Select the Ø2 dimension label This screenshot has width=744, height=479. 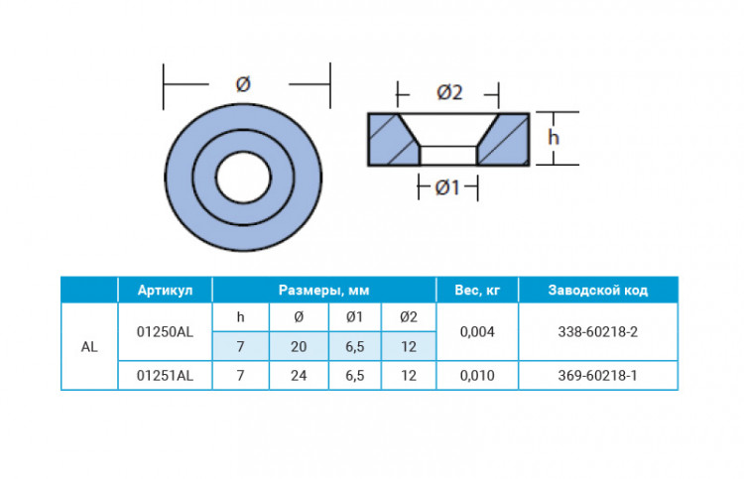pos(449,93)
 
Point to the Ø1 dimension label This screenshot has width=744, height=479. pos(447,186)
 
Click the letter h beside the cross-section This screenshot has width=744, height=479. pos(554,137)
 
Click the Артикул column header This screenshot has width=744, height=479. pos(165,290)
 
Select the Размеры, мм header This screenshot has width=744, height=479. pos(323,290)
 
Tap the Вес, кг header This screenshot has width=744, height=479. pos(476,290)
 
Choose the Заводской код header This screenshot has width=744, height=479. pos(597,290)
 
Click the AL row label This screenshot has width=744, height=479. pos(89,347)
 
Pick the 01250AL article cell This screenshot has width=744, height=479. pos(165,331)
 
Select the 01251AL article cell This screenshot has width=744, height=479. pos(165,377)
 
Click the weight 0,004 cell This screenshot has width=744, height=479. pos(476,331)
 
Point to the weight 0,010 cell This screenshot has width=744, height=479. pos(476,377)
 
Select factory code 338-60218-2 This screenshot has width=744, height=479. pos(597,331)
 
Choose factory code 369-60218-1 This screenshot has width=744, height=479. pos(597,377)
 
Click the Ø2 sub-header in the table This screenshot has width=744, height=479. pos(408,316)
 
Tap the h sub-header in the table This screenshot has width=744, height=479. pos(240,316)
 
